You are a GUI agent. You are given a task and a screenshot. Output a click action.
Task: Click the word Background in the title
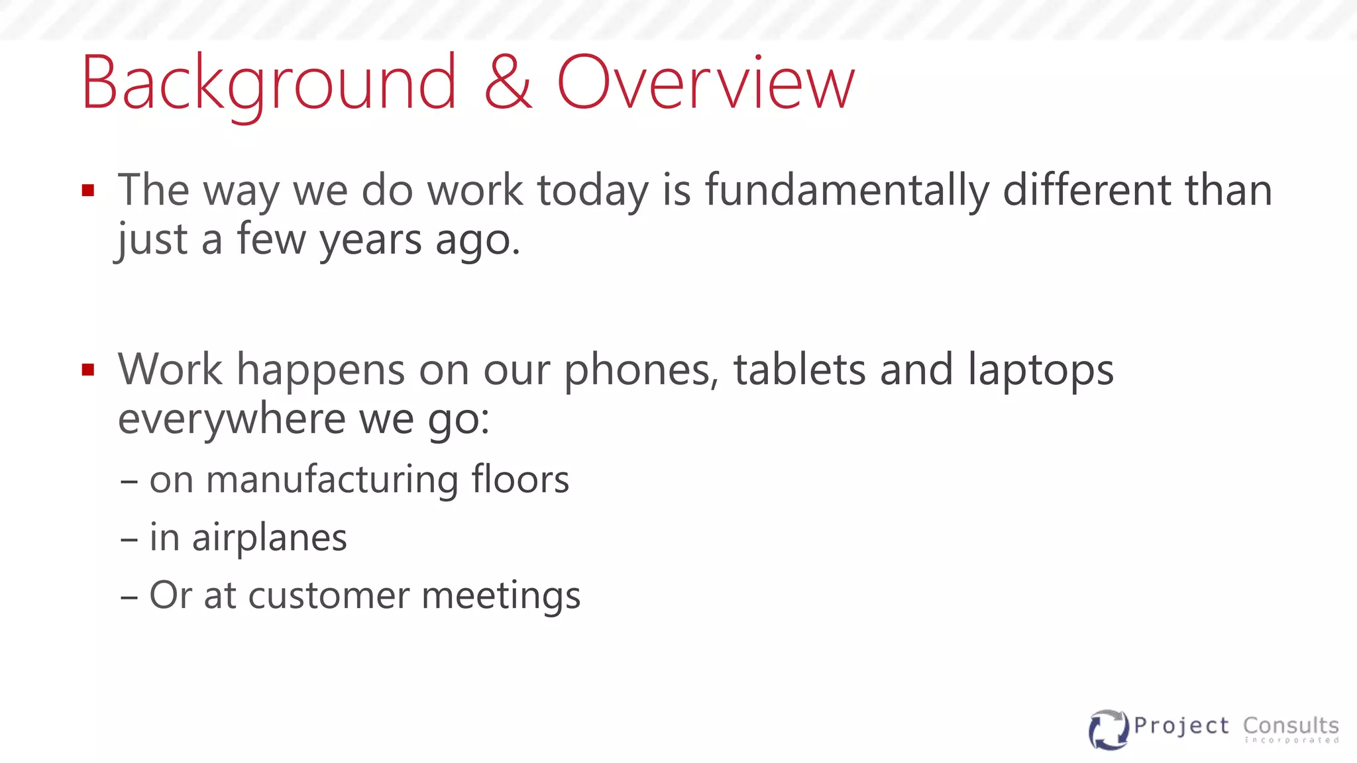coord(268,84)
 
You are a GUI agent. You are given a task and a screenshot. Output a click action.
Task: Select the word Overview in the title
coord(706,83)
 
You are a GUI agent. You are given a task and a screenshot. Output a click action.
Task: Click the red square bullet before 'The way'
coord(88,191)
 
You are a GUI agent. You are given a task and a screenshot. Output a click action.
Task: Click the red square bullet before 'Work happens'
coord(88,370)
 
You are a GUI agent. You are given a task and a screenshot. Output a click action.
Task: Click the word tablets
coord(799,370)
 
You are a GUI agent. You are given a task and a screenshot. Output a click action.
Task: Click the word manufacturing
coord(332,480)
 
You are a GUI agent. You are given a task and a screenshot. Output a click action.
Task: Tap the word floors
coord(520,479)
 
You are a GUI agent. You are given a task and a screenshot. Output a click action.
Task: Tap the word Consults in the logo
coord(1291,726)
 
